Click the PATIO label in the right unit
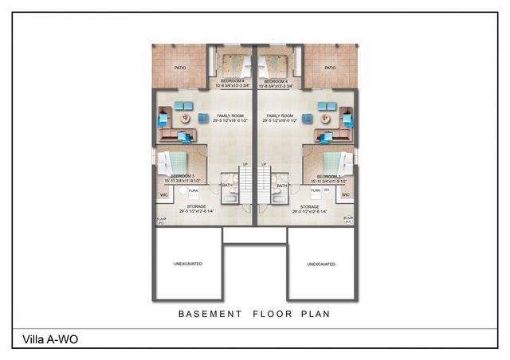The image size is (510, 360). click(x=329, y=68)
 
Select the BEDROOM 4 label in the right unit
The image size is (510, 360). click(x=276, y=81)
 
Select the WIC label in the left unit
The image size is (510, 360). click(x=164, y=194)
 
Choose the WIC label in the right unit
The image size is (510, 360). click(x=347, y=194)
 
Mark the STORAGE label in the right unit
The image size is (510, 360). click(x=311, y=206)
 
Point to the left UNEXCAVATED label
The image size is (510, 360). click(x=188, y=264)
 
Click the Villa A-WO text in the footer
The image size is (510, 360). click(x=45, y=340)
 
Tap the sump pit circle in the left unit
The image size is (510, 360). click(x=182, y=191)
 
